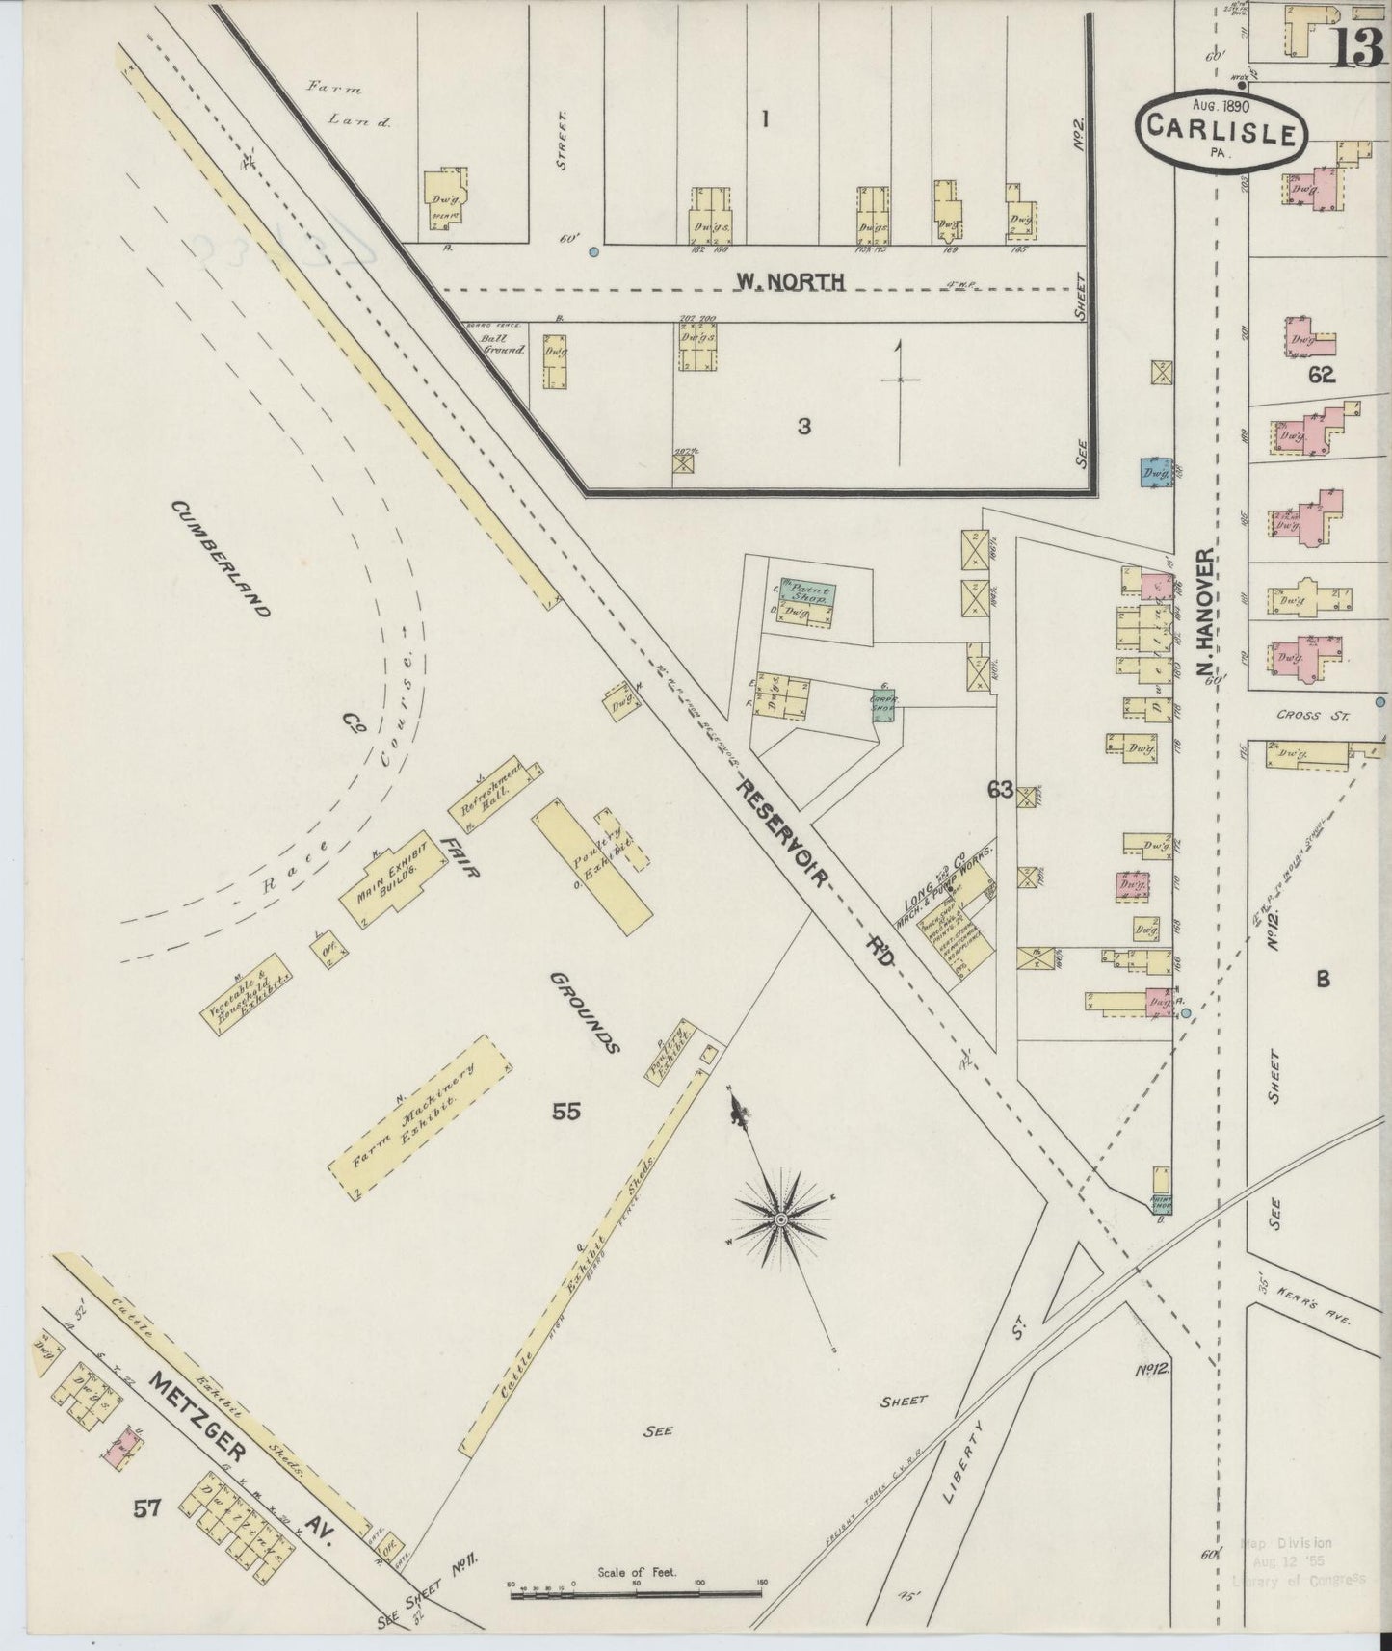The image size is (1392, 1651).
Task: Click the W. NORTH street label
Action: (x=790, y=281)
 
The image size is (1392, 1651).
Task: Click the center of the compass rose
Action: (x=781, y=1219)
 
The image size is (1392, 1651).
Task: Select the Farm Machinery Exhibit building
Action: (x=419, y=1119)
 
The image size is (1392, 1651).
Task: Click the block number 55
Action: (x=566, y=1111)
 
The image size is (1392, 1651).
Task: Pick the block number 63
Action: (x=999, y=790)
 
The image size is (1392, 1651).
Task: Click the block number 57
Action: (x=146, y=1535)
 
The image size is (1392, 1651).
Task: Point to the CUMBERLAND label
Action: (x=221, y=558)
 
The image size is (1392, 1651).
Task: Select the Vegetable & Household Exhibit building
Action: (x=248, y=993)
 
